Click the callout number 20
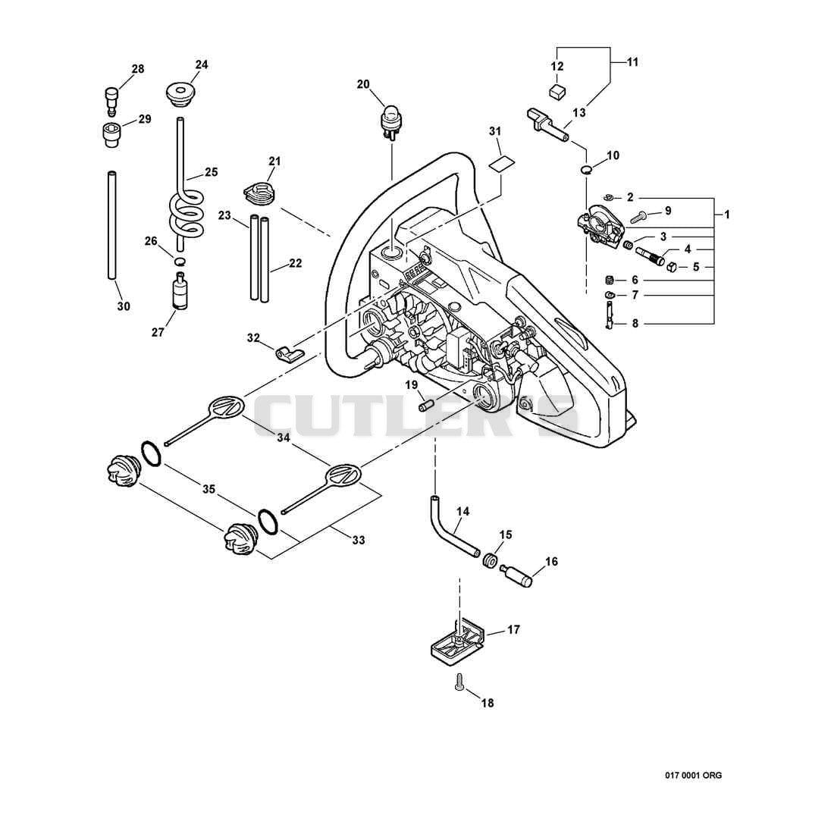pos(362,84)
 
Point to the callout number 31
pos(495,131)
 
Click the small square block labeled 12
pos(557,92)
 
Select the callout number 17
pos(513,630)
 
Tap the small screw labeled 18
pos(459,681)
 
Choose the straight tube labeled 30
pos(112,224)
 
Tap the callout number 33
pos(359,540)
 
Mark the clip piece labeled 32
pos(288,353)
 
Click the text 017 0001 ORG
pos(694,776)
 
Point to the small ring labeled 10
pos(585,169)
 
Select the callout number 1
pos(726,215)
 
